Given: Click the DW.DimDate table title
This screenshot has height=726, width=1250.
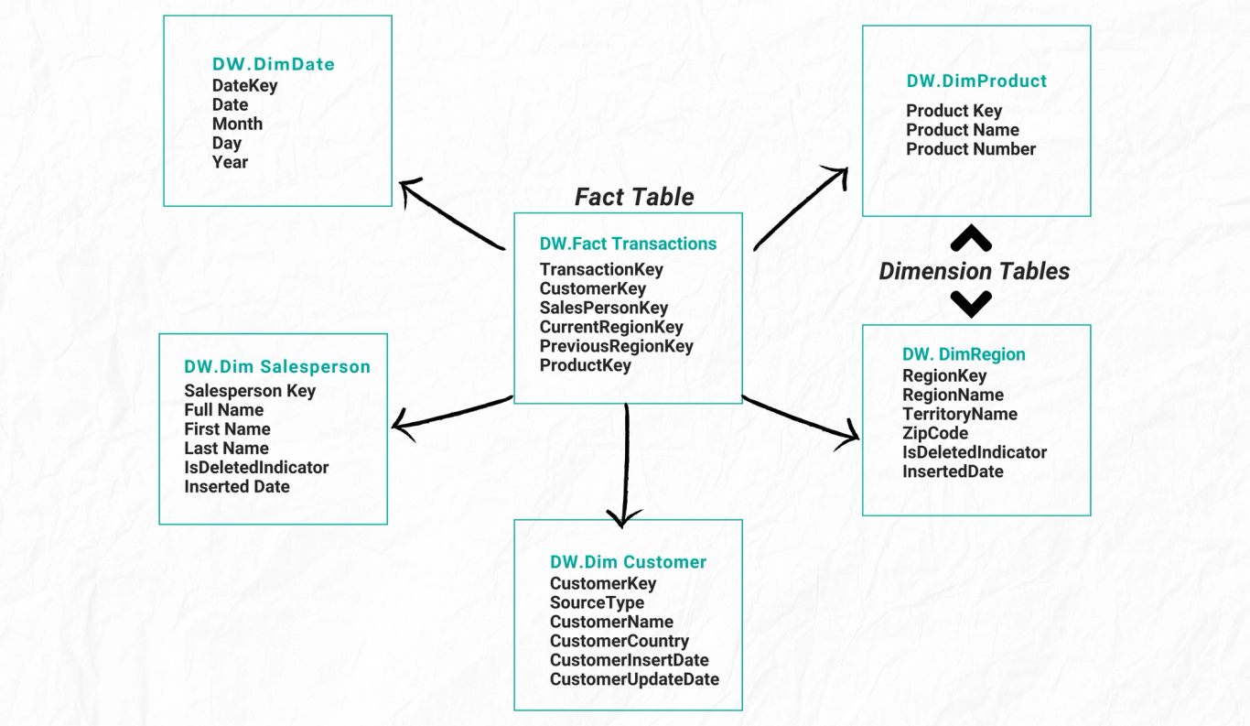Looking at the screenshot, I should click(x=273, y=64).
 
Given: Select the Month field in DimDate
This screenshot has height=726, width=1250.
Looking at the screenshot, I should click(x=237, y=124).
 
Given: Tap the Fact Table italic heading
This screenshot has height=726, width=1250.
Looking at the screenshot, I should click(x=633, y=197).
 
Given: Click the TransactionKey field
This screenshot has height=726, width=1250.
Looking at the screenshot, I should click(x=600, y=269).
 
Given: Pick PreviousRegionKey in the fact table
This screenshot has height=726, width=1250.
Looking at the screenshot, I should click(x=616, y=346).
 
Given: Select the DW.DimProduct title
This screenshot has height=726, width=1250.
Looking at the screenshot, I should click(x=975, y=81).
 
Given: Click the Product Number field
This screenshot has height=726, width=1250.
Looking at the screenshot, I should click(x=970, y=149).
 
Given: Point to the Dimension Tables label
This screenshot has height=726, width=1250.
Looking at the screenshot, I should click(x=974, y=271).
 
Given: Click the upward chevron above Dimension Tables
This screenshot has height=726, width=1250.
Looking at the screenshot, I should click(x=971, y=239).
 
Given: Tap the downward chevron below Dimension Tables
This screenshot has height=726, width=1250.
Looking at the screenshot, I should click(x=971, y=303).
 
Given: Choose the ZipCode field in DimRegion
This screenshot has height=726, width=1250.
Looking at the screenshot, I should click(x=934, y=433).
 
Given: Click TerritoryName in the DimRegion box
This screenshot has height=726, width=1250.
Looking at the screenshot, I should click(x=959, y=414).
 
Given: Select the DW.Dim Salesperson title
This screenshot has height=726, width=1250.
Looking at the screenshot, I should click(x=276, y=366).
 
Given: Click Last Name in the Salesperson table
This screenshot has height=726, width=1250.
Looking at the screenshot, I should click(x=226, y=448).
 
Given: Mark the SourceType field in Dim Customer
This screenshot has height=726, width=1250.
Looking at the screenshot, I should click(x=597, y=602).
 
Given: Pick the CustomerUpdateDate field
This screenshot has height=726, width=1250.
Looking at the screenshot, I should click(x=633, y=679).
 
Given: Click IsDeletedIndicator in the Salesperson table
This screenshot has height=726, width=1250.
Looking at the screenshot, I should click(x=255, y=467).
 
